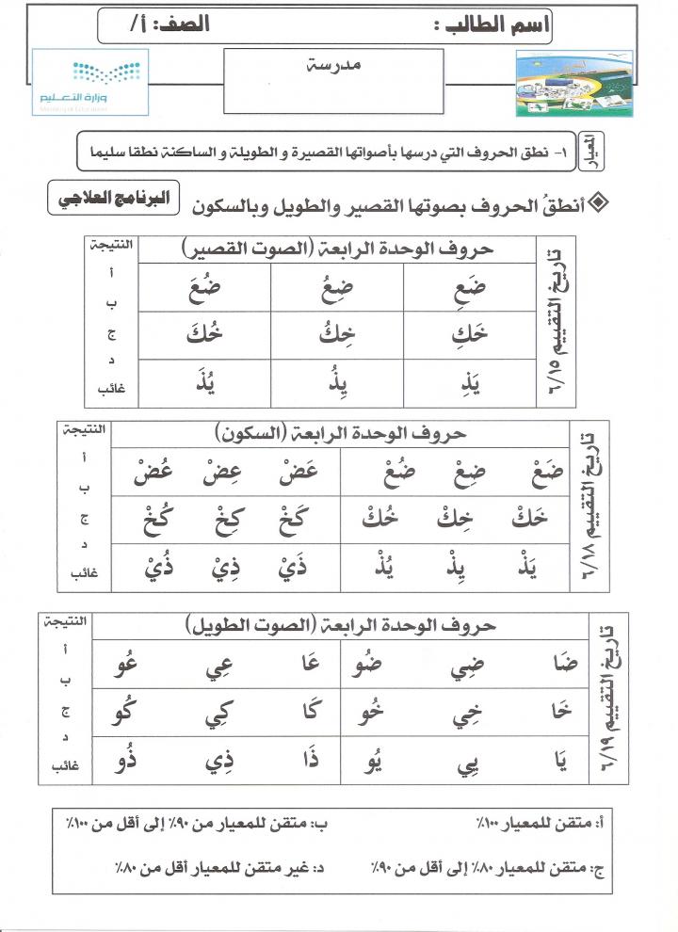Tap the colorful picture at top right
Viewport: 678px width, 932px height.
pos(574,85)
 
